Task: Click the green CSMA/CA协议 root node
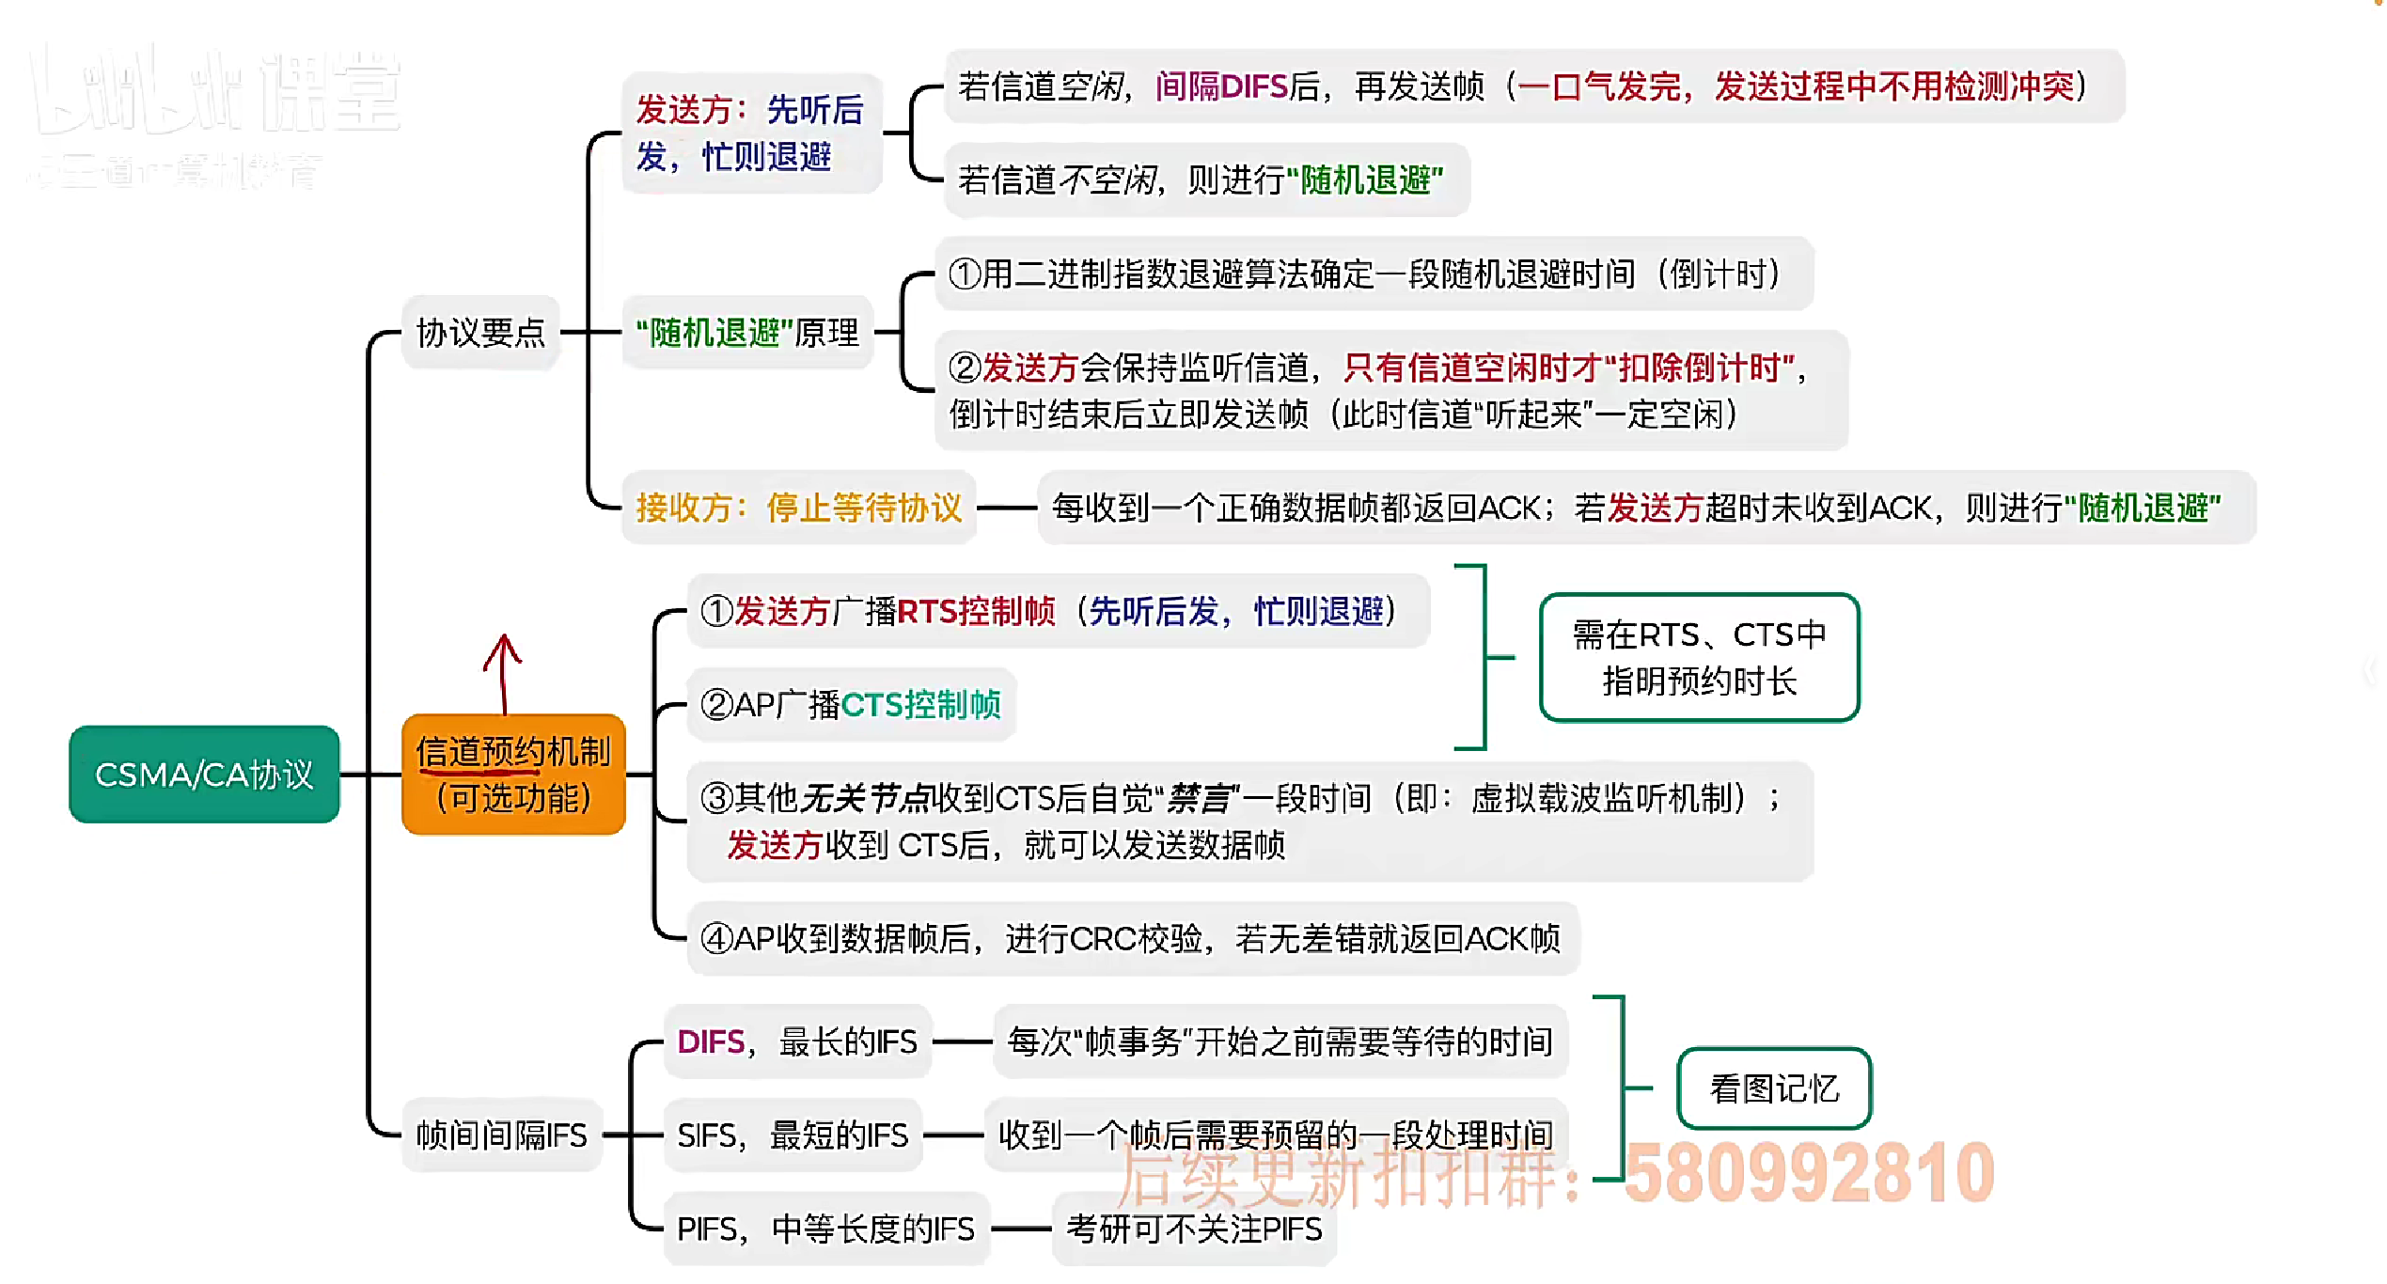204,775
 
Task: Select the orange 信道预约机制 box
513,775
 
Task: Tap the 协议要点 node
480,333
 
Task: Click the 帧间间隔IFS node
501,1135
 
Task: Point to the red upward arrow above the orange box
503,673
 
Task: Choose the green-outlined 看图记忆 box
1774,1088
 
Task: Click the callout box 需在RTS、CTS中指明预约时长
1699,658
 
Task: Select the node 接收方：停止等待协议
799,508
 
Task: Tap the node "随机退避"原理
747,333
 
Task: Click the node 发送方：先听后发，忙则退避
750,133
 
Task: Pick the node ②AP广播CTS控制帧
851,704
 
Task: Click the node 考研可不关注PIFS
1194,1229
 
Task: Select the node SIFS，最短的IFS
793,1135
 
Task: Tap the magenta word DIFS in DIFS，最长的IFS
711,1041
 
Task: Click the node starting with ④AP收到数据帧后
1132,938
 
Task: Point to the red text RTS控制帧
976,612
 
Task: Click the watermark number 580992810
1809,1173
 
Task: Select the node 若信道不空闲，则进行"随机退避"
1201,180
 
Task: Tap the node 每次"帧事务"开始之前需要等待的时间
1280,1041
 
